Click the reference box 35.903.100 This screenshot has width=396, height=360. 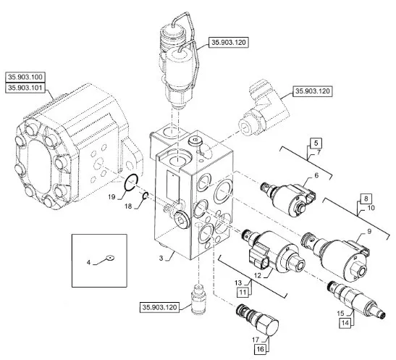[x=25, y=77]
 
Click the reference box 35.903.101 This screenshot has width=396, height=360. [x=25, y=88]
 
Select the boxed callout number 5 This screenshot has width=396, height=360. [x=316, y=143]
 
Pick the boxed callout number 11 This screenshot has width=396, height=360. [x=243, y=293]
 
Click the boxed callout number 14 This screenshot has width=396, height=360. [x=345, y=322]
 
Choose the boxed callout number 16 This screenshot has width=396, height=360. [x=260, y=349]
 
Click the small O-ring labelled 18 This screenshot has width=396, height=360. [x=146, y=196]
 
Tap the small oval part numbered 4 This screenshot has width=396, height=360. [x=110, y=258]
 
